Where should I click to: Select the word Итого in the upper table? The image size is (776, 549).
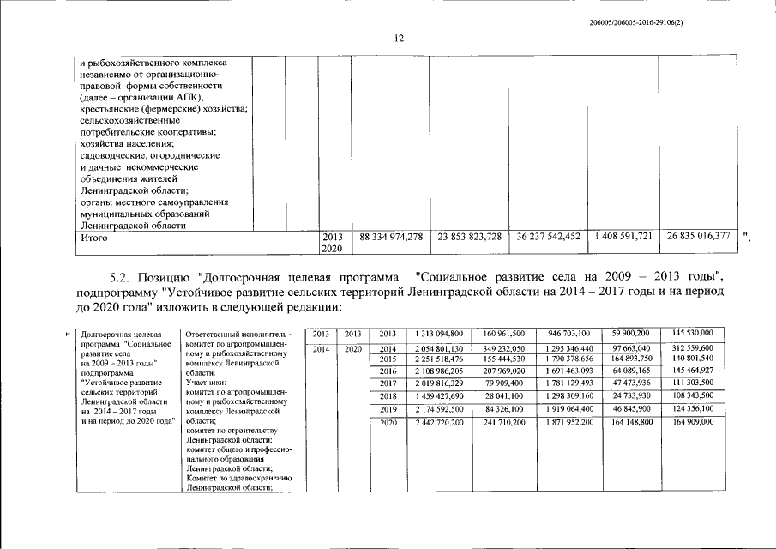pos(88,237)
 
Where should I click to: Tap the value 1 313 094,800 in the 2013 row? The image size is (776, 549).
pos(439,333)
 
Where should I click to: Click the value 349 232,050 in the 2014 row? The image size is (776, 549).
pos(497,347)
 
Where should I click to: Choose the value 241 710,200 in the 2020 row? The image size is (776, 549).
pos(497,423)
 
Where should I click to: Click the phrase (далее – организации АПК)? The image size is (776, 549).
pos(141,98)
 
